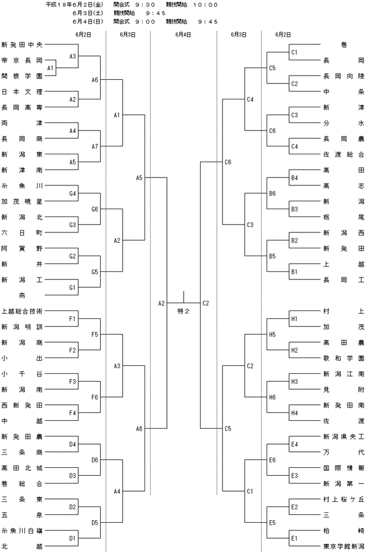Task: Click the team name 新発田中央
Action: click(x=22, y=45)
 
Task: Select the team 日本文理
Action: click(x=22, y=91)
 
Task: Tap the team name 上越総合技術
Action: click(x=22, y=311)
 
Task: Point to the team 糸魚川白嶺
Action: click(x=22, y=531)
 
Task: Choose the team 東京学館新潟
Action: click(x=344, y=546)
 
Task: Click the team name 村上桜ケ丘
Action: click(x=344, y=499)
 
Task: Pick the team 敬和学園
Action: click(x=344, y=358)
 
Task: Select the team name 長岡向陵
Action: click(x=344, y=76)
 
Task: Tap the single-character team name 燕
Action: click(x=22, y=295)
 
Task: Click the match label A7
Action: click(x=95, y=146)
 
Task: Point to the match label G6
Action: click(x=95, y=209)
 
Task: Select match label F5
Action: click(x=95, y=334)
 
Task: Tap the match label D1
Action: click(x=73, y=538)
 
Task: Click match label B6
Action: click(x=273, y=193)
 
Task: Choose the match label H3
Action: click(x=295, y=382)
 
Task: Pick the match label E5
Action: click(x=273, y=523)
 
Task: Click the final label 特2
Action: click(x=184, y=311)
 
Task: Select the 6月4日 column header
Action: click(x=183, y=35)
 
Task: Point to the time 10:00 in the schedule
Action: click(x=206, y=5)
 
